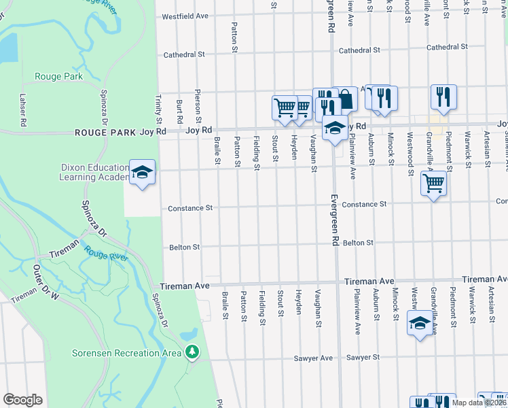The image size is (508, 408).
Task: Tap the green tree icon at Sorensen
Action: point(194,352)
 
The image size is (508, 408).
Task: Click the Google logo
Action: point(22,400)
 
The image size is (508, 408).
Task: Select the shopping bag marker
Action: point(346,99)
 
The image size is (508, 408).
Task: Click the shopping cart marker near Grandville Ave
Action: point(433,182)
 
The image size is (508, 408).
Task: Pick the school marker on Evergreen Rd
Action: point(334,128)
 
